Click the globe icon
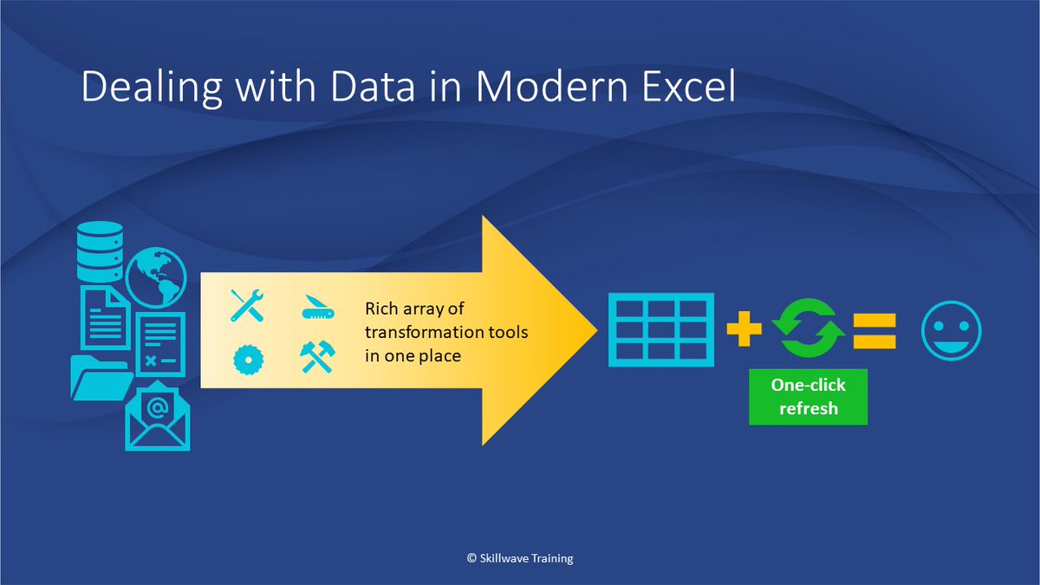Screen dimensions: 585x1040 (156, 278)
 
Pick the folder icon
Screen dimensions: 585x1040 (100, 376)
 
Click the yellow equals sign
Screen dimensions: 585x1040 (874, 331)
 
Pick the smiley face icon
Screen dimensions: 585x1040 (951, 331)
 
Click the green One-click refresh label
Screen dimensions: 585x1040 (808, 398)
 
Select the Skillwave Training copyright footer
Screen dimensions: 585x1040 (520, 559)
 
